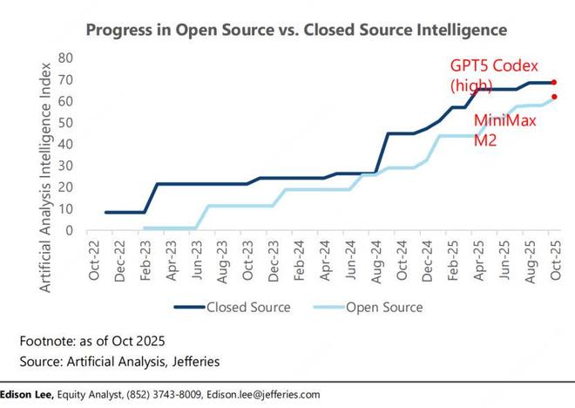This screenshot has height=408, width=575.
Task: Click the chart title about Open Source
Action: [x=295, y=30]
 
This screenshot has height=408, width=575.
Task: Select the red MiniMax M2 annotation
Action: [x=503, y=131]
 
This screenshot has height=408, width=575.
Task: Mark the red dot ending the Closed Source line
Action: [x=554, y=82]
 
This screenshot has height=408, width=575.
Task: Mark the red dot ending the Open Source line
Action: [x=554, y=97]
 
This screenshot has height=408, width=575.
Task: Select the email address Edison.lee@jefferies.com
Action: [x=258, y=394]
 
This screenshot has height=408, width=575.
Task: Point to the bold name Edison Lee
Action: [x=27, y=394]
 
